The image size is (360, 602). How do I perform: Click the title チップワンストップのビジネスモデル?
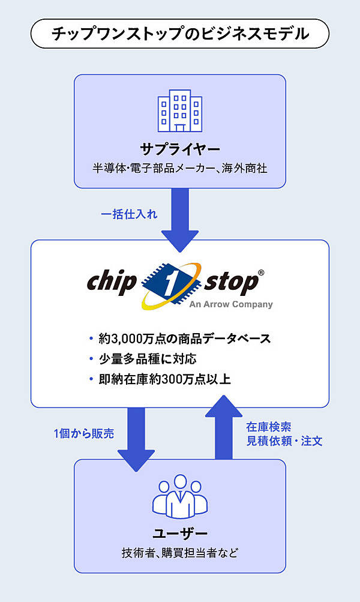180,34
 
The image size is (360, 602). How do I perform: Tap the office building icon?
180,111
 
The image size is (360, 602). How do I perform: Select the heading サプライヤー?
180,149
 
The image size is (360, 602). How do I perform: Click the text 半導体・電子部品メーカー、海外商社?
180,169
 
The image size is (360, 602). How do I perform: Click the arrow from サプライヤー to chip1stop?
180,219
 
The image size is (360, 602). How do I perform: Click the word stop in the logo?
231,282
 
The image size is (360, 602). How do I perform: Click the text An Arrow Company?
230,304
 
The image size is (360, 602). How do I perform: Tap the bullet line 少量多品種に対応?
147,359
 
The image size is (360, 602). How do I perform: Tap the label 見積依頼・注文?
285,441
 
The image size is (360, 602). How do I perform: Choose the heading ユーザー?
180,532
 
